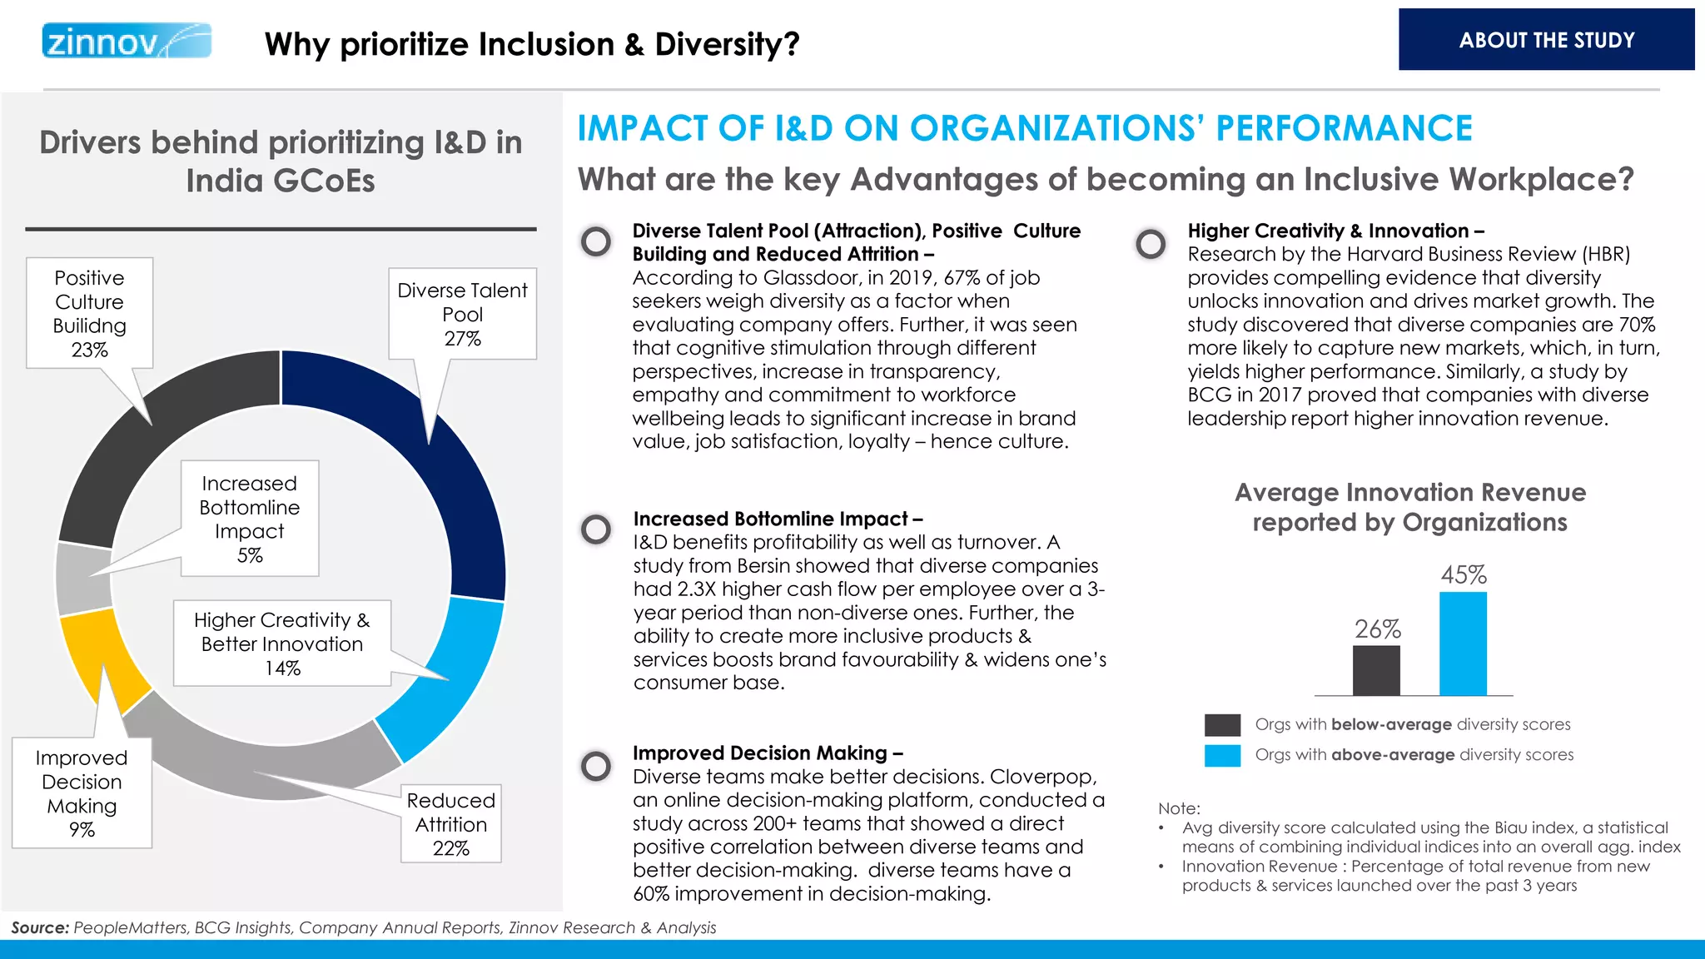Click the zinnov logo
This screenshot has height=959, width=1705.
click(x=127, y=41)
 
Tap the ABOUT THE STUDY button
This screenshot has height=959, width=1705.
click(x=1546, y=40)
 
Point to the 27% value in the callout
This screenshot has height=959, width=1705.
click(x=462, y=339)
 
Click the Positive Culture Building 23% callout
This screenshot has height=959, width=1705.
click(x=89, y=313)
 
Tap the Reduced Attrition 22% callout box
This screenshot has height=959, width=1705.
click(x=450, y=823)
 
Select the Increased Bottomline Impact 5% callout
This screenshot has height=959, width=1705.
click(x=249, y=518)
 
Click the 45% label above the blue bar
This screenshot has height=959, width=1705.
click(x=1463, y=574)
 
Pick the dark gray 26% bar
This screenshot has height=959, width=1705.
click(x=1376, y=670)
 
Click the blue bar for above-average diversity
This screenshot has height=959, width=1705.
click(x=1463, y=643)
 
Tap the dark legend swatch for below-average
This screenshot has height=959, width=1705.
click(x=1222, y=724)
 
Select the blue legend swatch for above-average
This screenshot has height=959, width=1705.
click(x=1222, y=755)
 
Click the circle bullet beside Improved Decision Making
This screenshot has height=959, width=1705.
click(x=596, y=765)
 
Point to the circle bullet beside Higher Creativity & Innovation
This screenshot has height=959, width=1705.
click(x=1151, y=244)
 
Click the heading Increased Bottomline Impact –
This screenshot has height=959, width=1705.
click(x=778, y=519)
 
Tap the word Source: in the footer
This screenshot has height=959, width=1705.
click(x=40, y=927)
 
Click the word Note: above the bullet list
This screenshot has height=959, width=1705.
click(x=1179, y=808)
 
